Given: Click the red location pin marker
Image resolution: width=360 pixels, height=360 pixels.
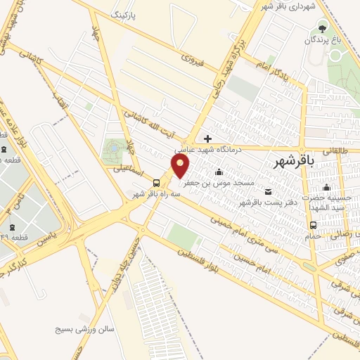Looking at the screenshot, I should coord(181,166).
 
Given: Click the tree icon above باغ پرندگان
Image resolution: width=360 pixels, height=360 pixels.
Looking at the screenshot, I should coord(323,28).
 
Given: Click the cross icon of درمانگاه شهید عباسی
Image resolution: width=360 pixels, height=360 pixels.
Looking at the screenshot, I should coord(207,138).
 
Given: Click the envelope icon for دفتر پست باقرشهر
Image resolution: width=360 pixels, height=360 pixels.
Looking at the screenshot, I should coord(268,192).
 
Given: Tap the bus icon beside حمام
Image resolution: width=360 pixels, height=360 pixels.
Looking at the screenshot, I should coord(313,225).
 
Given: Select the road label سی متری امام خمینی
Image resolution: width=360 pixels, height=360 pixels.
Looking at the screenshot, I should coord(253,239).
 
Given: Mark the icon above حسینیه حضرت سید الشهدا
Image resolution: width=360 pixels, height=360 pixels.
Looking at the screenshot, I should coord(326,187).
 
